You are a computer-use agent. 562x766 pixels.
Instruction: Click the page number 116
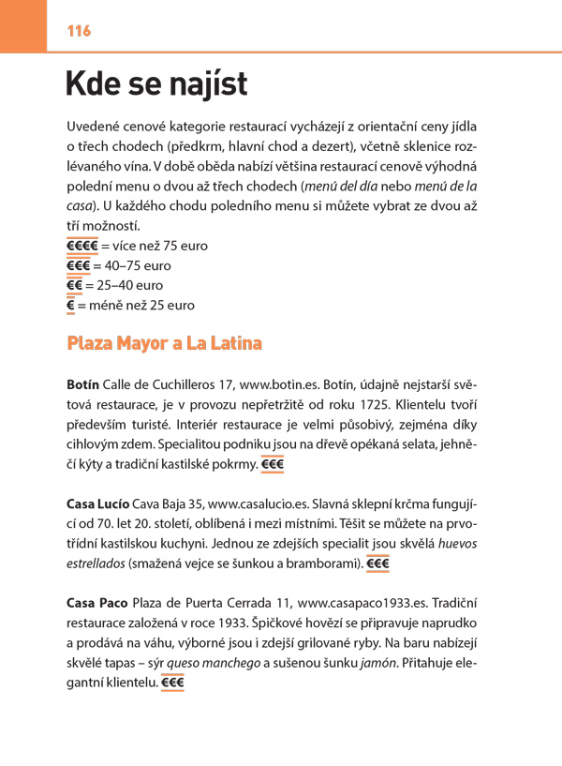coord(79,31)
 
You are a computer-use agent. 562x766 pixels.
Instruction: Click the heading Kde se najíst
coord(156,84)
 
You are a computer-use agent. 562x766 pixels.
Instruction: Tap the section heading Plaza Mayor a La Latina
coord(165,343)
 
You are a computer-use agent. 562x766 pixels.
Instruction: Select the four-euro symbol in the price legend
coord(82,246)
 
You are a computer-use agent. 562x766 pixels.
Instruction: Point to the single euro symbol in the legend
coord(70,305)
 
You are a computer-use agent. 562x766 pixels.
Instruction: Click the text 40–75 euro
coord(139,265)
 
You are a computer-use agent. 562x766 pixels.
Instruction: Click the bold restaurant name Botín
coord(83,385)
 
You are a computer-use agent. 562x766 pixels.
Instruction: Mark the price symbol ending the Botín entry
coord(274,464)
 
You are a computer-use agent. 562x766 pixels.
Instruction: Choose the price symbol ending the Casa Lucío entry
coord(378,563)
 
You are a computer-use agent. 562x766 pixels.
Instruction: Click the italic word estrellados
coord(100,563)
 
